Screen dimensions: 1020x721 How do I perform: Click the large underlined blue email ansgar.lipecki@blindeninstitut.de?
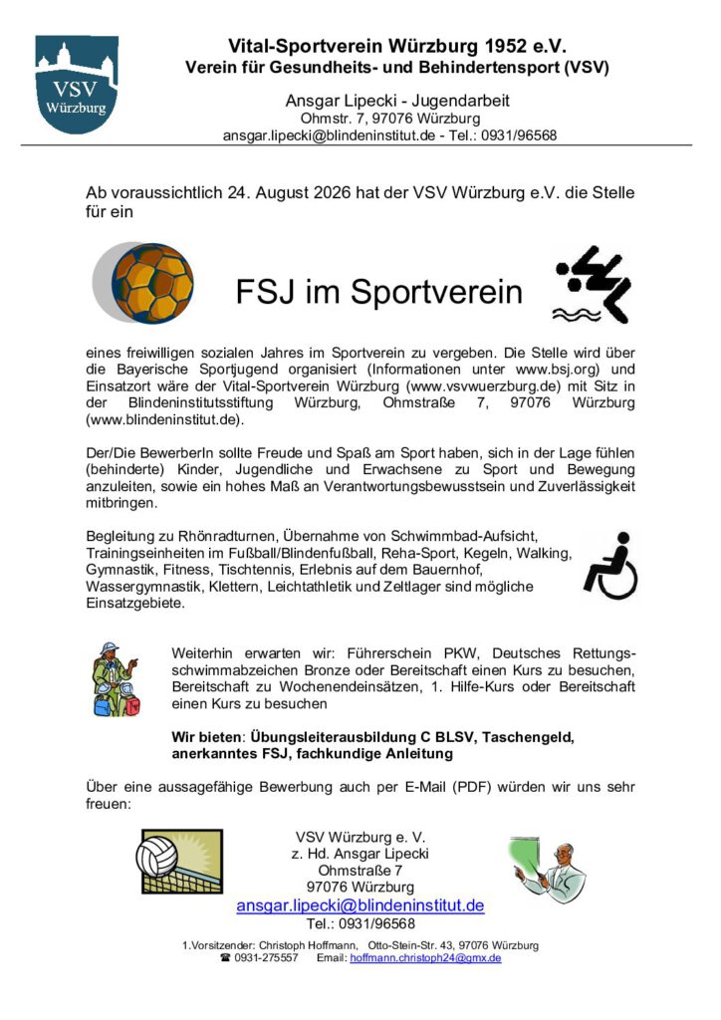(360, 905)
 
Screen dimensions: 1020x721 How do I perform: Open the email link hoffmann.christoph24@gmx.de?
(425, 958)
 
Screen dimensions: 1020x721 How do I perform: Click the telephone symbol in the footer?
(226, 958)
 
